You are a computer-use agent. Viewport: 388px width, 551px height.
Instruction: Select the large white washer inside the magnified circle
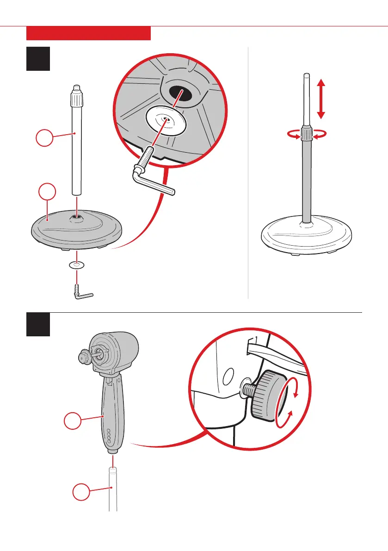[165, 121]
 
